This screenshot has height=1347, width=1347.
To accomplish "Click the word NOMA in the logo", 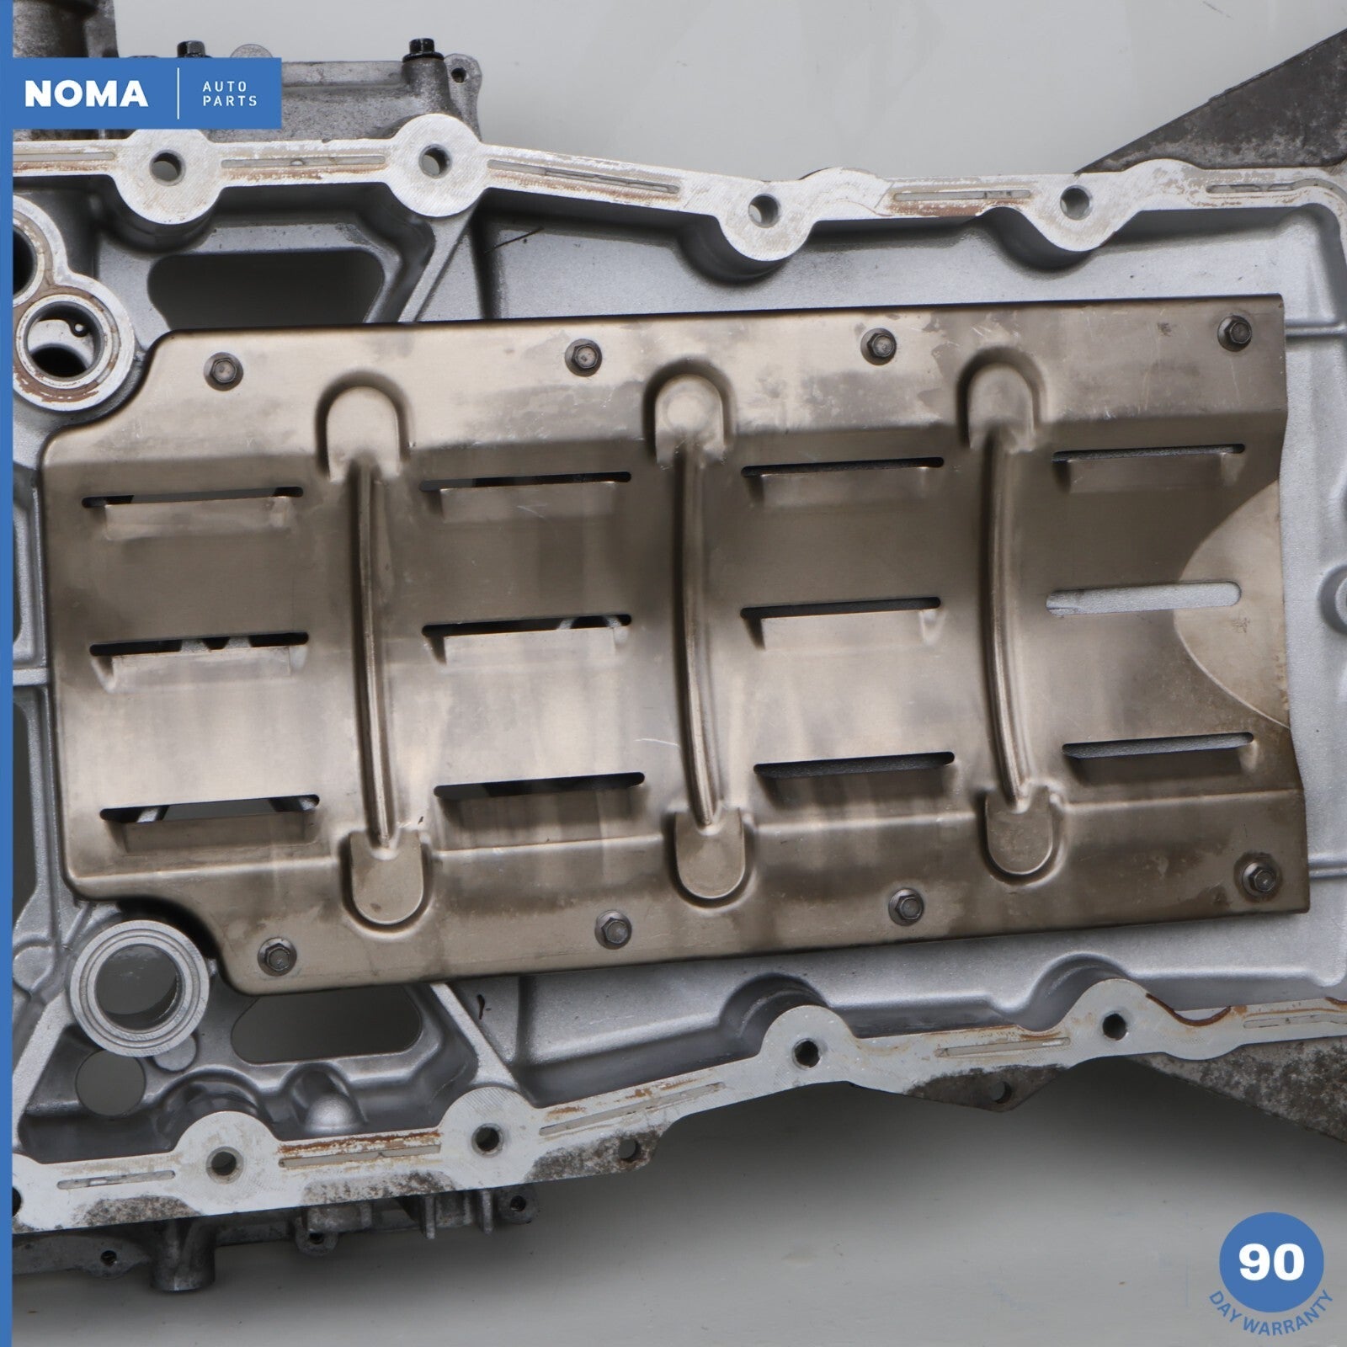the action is click(x=86, y=93).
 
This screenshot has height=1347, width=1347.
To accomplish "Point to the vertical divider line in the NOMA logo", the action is click(x=178, y=93).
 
